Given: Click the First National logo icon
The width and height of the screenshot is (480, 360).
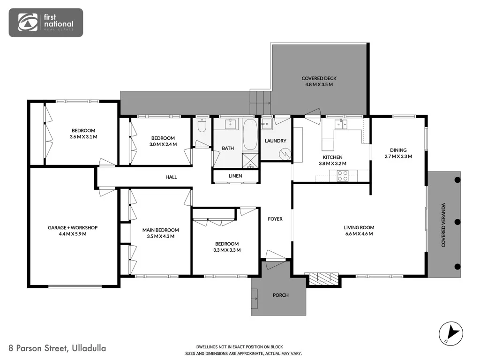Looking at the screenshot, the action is point(28,22).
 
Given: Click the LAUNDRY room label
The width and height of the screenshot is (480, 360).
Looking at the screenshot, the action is point(276,141).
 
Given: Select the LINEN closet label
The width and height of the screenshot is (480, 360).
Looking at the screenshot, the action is point(235,176).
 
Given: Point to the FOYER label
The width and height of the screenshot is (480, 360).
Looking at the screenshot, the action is point(275,219).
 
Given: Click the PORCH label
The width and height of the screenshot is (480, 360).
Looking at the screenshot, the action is point(281,295).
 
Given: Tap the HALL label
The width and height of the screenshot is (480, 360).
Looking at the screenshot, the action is point(171,177).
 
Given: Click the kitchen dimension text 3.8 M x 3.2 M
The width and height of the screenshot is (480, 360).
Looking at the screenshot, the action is point(332,164).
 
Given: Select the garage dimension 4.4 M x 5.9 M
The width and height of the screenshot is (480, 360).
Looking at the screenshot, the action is point(73,234).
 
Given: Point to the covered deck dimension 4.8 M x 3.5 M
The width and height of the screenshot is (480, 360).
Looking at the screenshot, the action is point(319,84).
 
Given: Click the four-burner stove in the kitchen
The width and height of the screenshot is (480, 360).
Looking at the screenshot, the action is point(342,176).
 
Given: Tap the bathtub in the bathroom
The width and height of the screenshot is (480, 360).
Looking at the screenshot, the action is point(250,135).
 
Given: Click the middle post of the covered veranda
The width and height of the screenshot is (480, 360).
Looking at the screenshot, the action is point(457,222).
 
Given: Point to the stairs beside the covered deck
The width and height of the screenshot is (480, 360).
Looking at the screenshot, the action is point(261,102).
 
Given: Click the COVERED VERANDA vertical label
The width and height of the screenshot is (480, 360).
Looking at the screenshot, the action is point(443,225).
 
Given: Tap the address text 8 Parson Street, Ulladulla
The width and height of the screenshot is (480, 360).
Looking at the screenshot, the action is point(57,348).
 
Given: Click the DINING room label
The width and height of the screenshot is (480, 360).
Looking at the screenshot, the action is point(398,150).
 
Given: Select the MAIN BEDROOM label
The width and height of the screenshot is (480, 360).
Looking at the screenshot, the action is point(161,230).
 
